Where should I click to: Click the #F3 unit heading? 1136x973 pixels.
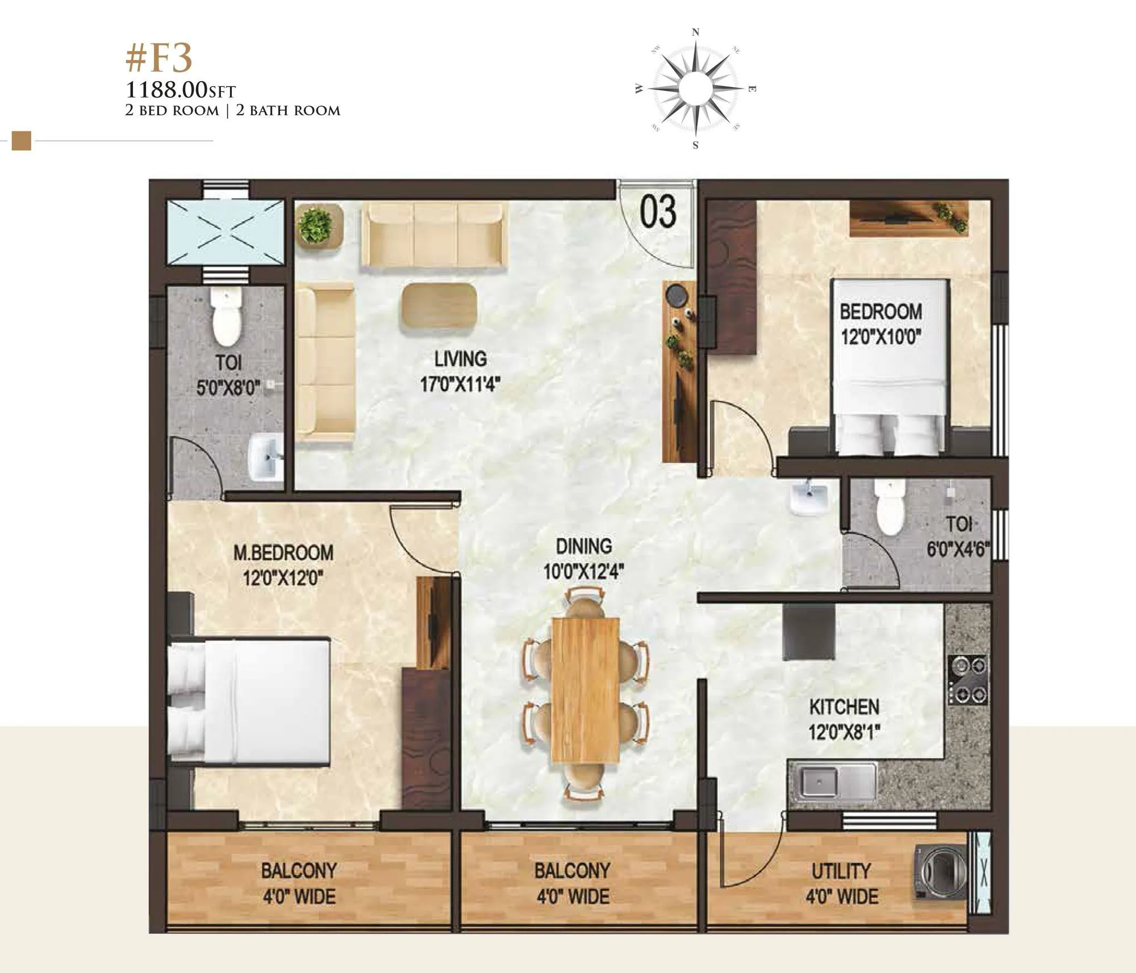(160, 60)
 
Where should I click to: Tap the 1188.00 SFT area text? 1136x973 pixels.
(180, 90)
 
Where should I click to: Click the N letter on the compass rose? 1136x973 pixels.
(696, 33)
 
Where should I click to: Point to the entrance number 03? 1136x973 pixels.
(658, 211)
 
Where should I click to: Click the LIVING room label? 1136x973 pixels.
(461, 359)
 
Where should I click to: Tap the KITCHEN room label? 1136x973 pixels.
(844, 707)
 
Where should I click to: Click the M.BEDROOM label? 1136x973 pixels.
(283, 552)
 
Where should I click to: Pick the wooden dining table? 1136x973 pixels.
(585, 690)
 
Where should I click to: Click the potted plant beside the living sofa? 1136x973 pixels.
(316, 225)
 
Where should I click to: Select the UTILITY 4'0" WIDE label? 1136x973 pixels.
(842, 883)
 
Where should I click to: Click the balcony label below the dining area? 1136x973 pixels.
(572, 883)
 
